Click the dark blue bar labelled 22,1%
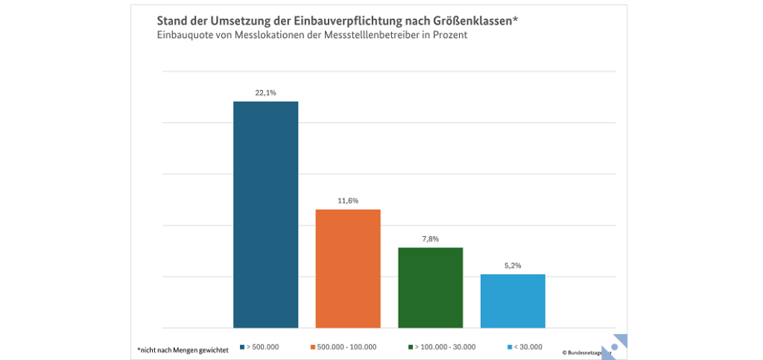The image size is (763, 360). pos(265,215)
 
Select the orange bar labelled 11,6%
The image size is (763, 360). pos(348,268)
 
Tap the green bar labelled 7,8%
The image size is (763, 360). pos(430,288)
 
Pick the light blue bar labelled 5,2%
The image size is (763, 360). pos(513,301)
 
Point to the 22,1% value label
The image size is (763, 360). pos(266,93)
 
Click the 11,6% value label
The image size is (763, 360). pos(348,201)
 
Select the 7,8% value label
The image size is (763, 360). pos(431,239)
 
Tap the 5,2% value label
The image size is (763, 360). pos(513,266)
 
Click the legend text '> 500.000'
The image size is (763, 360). pos(264,347)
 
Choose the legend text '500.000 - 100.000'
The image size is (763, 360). pos(347,347)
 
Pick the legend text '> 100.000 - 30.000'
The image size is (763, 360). pos(446,347)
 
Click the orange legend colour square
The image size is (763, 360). pos(312,347)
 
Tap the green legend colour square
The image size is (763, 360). pos(411,347)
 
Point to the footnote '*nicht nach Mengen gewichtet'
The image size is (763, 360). pos(183,348)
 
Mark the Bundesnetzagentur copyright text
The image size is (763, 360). pos(586,351)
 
